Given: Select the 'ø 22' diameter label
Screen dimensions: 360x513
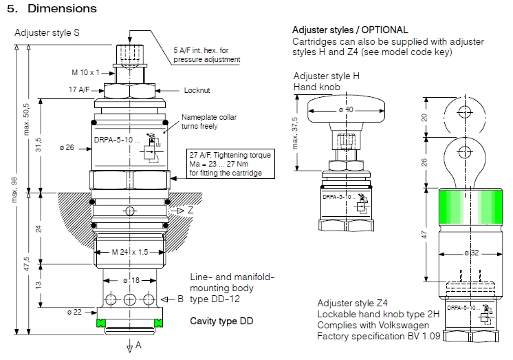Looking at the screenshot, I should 75,312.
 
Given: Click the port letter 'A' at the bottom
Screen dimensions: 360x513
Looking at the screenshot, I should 138,344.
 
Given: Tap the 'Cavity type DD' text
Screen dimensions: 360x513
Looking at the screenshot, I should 222,321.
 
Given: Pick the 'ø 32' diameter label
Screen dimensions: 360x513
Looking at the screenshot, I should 462,253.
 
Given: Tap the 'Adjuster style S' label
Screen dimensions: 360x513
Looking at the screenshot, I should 47,32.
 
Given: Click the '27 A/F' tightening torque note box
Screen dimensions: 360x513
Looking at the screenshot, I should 230,164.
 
